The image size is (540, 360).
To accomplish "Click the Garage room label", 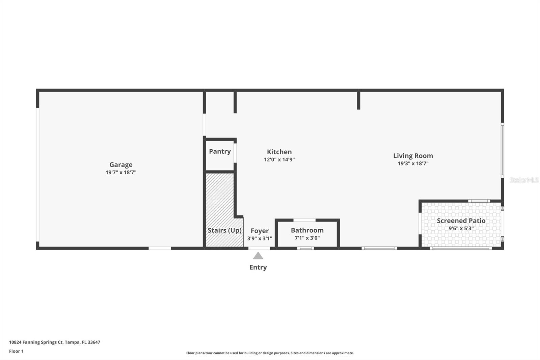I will click(121, 165).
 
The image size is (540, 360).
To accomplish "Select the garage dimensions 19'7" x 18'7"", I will click(121, 173).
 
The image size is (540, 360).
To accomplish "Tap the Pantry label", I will click(220, 151).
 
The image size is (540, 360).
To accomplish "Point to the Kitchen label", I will click(279, 152).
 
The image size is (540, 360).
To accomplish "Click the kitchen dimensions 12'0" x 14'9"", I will click(279, 160).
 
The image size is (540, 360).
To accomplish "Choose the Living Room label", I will click(413, 156).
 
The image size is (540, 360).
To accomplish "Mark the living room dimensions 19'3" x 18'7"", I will click(413, 163).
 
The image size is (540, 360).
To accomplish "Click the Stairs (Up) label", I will click(224, 230).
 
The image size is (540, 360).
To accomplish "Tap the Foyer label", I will click(260, 231).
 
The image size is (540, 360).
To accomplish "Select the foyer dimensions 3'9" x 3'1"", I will click(260, 238).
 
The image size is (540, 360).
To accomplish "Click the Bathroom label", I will click(307, 230).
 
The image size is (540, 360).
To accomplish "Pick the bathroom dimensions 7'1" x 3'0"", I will click(307, 238).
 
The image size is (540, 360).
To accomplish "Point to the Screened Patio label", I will click(461, 221).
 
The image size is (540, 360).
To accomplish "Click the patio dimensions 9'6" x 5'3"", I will click(461, 229).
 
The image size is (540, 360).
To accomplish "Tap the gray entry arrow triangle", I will click(258, 256).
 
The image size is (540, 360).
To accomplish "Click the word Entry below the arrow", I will click(258, 267).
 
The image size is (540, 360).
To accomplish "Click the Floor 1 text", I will click(16, 351).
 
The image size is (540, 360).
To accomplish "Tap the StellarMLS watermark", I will click(524, 180).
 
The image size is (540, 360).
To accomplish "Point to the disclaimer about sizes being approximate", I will click(270, 353).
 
